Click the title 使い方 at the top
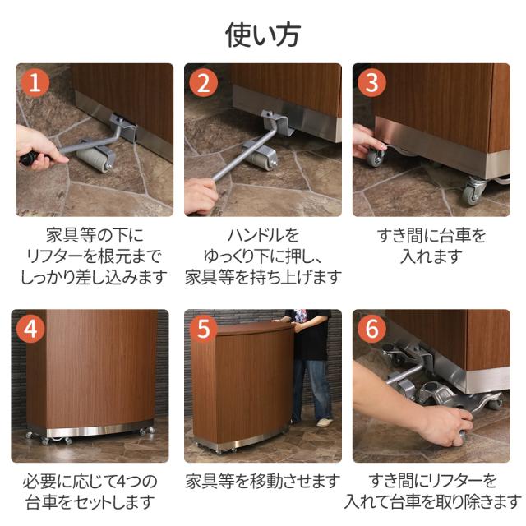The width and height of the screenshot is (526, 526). [x=262, y=35]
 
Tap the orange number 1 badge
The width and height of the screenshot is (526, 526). [x=35, y=83]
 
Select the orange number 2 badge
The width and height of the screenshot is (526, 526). [x=203, y=83]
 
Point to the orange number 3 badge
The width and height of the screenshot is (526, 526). [x=371, y=83]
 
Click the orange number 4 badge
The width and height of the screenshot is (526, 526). [x=30, y=329]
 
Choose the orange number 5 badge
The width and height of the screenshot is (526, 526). [x=203, y=329]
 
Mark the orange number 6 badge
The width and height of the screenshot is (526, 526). [x=371, y=329]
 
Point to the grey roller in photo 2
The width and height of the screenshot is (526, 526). [x=261, y=157]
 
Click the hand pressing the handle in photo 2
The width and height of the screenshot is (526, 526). [x=201, y=196]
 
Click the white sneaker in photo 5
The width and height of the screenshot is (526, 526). [x=325, y=422]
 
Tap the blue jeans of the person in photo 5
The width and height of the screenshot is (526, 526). [x=311, y=389]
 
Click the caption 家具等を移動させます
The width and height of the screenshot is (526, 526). [x=263, y=481]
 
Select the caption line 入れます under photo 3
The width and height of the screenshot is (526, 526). [x=431, y=256]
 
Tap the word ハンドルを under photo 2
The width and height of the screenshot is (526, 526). [x=263, y=235]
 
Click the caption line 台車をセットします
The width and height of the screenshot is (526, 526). [x=90, y=502]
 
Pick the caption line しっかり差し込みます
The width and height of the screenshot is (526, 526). [x=95, y=278]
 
